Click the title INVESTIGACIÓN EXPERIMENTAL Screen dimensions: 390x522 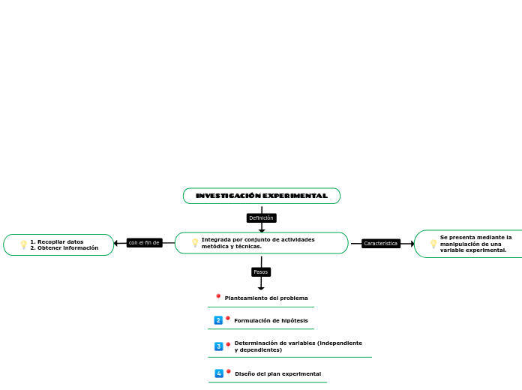[261, 196]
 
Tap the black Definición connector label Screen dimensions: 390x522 [261, 218]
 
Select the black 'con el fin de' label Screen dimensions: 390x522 [144, 243]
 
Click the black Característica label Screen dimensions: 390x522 [380, 244]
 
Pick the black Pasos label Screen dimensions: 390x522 [260, 272]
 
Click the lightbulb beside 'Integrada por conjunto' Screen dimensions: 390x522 [195, 243]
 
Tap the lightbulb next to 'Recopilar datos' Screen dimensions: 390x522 [23, 244]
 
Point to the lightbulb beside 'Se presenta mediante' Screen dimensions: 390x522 [433, 244]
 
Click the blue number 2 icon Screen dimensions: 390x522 [218, 320]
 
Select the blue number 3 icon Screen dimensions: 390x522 [218, 346]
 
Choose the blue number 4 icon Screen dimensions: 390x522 [219, 373]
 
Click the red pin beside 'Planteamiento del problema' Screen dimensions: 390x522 [218, 297]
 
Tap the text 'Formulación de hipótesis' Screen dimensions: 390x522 [271, 320]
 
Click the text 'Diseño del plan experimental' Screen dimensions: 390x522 [277, 373]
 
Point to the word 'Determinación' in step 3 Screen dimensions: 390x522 [256, 343]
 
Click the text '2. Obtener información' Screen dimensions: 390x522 [64, 247]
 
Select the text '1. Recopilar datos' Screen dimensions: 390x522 [56, 241]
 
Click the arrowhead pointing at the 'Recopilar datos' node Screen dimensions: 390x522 [116, 243]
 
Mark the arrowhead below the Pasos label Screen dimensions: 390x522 [261, 287]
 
